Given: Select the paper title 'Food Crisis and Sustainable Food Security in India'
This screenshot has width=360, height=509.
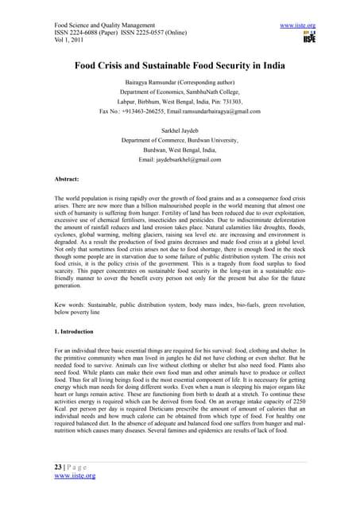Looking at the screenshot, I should [180, 67].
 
